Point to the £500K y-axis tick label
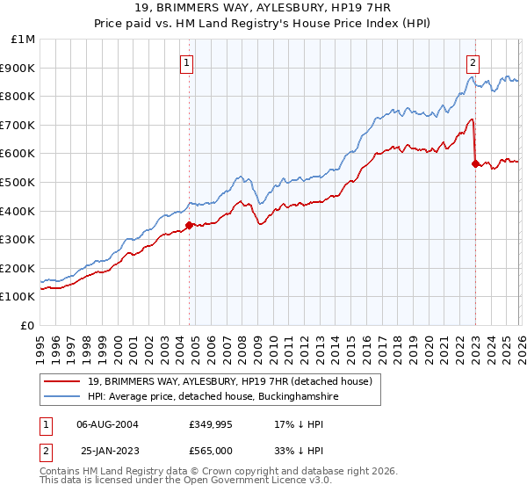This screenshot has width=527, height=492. pos(18,183)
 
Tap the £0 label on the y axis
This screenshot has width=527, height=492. pos(29,325)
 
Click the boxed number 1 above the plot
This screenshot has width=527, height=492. pos(188,61)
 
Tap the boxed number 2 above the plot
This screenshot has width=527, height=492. pos(473,61)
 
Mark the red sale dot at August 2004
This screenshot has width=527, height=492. pos(189,225)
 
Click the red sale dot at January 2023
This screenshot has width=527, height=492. pos(475,163)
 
